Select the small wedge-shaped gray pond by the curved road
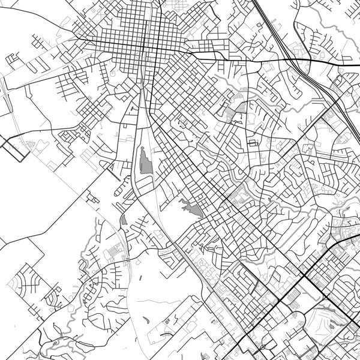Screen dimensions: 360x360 tap(124, 220)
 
